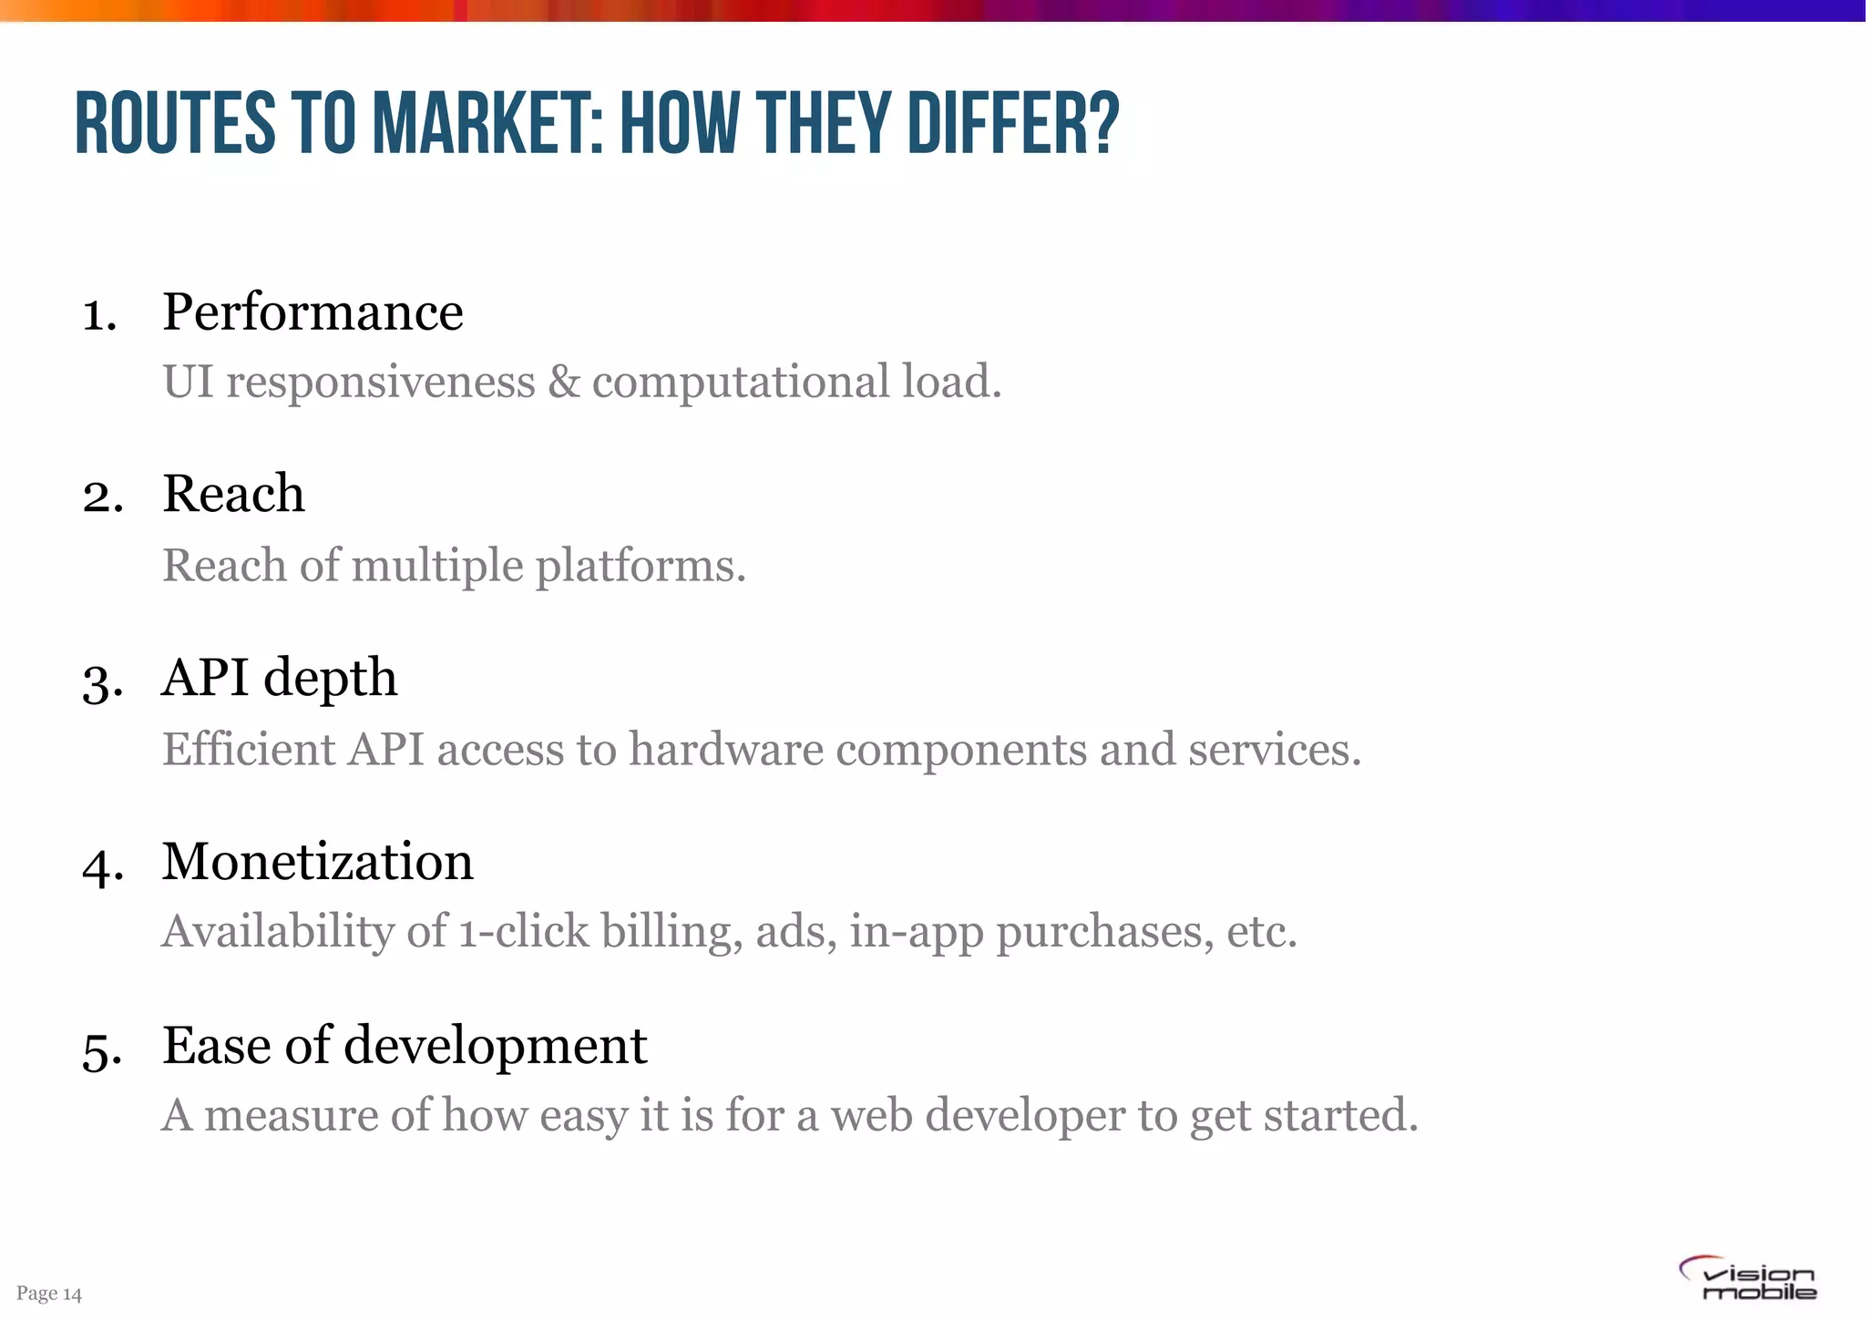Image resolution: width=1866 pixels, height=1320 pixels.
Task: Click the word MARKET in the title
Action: (x=488, y=124)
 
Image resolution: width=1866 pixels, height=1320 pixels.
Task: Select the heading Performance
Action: (x=313, y=312)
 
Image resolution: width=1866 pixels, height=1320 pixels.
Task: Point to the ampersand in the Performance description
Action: (x=564, y=382)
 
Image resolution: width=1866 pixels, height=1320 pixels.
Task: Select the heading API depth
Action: (x=279, y=679)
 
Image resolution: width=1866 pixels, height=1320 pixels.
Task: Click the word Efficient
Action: (x=249, y=750)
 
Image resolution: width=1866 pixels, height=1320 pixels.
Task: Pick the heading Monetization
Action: (x=317, y=862)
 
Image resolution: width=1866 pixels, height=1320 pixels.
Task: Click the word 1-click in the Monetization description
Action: (x=523, y=932)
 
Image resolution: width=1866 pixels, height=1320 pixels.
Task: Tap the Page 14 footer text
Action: (x=49, y=1294)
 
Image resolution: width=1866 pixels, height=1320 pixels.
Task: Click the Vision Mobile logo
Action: (x=1748, y=1279)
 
